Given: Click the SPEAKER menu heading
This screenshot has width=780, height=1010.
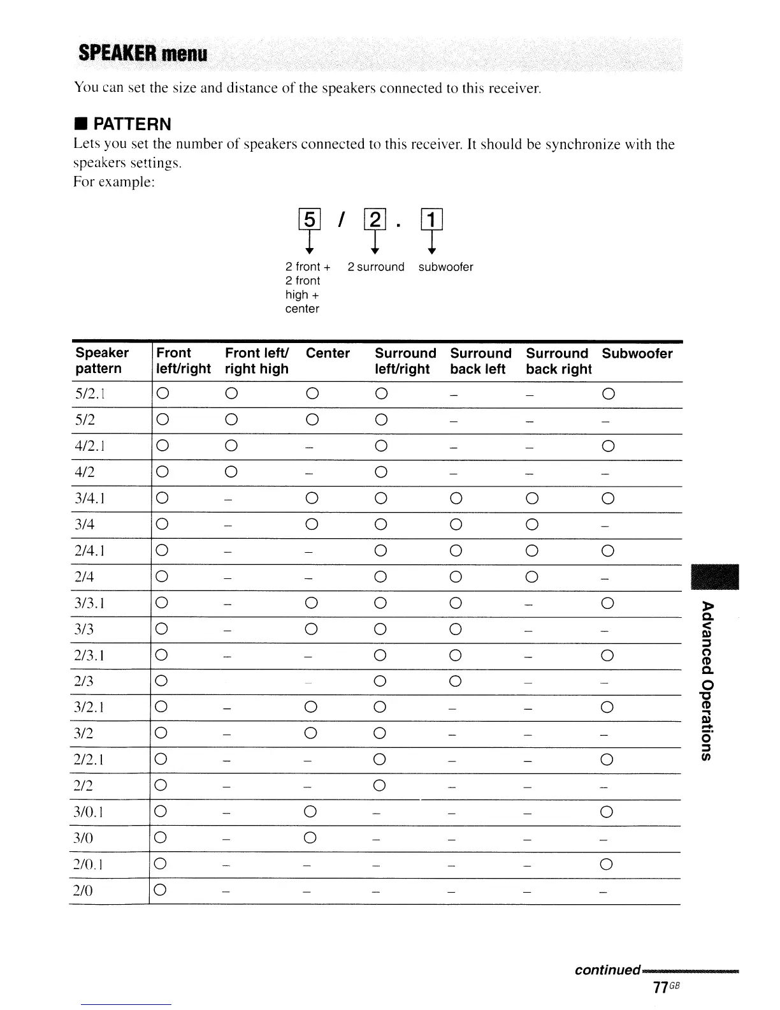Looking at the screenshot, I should click(143, 54).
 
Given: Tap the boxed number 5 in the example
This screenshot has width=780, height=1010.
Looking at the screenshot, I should click(309, 220).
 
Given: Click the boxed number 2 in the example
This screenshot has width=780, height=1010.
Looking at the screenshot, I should click(375, 220).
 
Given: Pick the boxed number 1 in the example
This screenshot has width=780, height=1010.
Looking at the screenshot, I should click(431, 220).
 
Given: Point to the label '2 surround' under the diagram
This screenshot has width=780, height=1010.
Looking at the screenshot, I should click(376, 267).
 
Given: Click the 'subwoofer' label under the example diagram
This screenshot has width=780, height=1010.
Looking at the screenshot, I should click(445, 267).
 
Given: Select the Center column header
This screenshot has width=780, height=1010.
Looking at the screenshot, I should click(328, 353).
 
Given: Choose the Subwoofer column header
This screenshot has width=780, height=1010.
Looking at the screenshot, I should click(637, 353).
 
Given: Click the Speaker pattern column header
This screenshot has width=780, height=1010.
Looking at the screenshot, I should click(102, 361).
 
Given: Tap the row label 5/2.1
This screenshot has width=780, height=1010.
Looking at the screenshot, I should click(90, 394).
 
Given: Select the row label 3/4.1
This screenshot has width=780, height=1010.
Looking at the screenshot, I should click(90, 499).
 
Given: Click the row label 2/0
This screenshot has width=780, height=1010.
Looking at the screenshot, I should click(84, 890).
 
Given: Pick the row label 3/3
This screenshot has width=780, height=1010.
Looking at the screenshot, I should click(84, 629).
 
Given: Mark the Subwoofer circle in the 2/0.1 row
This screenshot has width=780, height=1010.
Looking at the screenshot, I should click(607, 864).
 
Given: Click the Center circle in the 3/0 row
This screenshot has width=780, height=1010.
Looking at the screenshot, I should click(311, 838).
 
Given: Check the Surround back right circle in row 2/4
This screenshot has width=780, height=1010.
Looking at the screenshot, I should click(532, 577).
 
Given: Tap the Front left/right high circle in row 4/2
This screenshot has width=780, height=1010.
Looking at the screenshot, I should click(231, 472).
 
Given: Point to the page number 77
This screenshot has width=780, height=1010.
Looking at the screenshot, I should click(660, 987).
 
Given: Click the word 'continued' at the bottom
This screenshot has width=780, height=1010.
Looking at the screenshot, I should click(607, 970).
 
